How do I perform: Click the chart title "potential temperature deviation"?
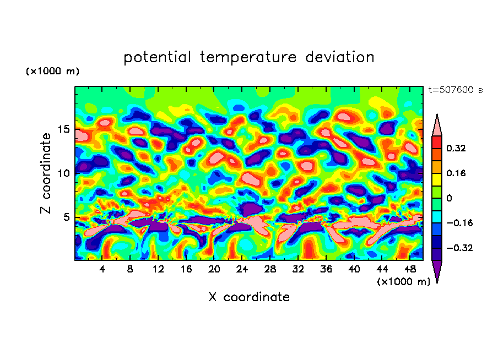click(x=248, y=57)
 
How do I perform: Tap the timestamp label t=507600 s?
click(x=455, y=90)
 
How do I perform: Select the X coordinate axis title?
click(x=248, y=297)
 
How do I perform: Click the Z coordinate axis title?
click(x=46, y=173)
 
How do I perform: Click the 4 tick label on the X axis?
click(x=102, y=269)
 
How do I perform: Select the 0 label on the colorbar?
click(x=448, y=198)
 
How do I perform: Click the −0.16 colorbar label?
click(x=455, y=223)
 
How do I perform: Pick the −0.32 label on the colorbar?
click(x=455, y=248)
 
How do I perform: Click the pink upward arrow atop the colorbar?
click(x=436, y=126)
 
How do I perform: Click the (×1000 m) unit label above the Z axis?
click(x=53, y=72)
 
